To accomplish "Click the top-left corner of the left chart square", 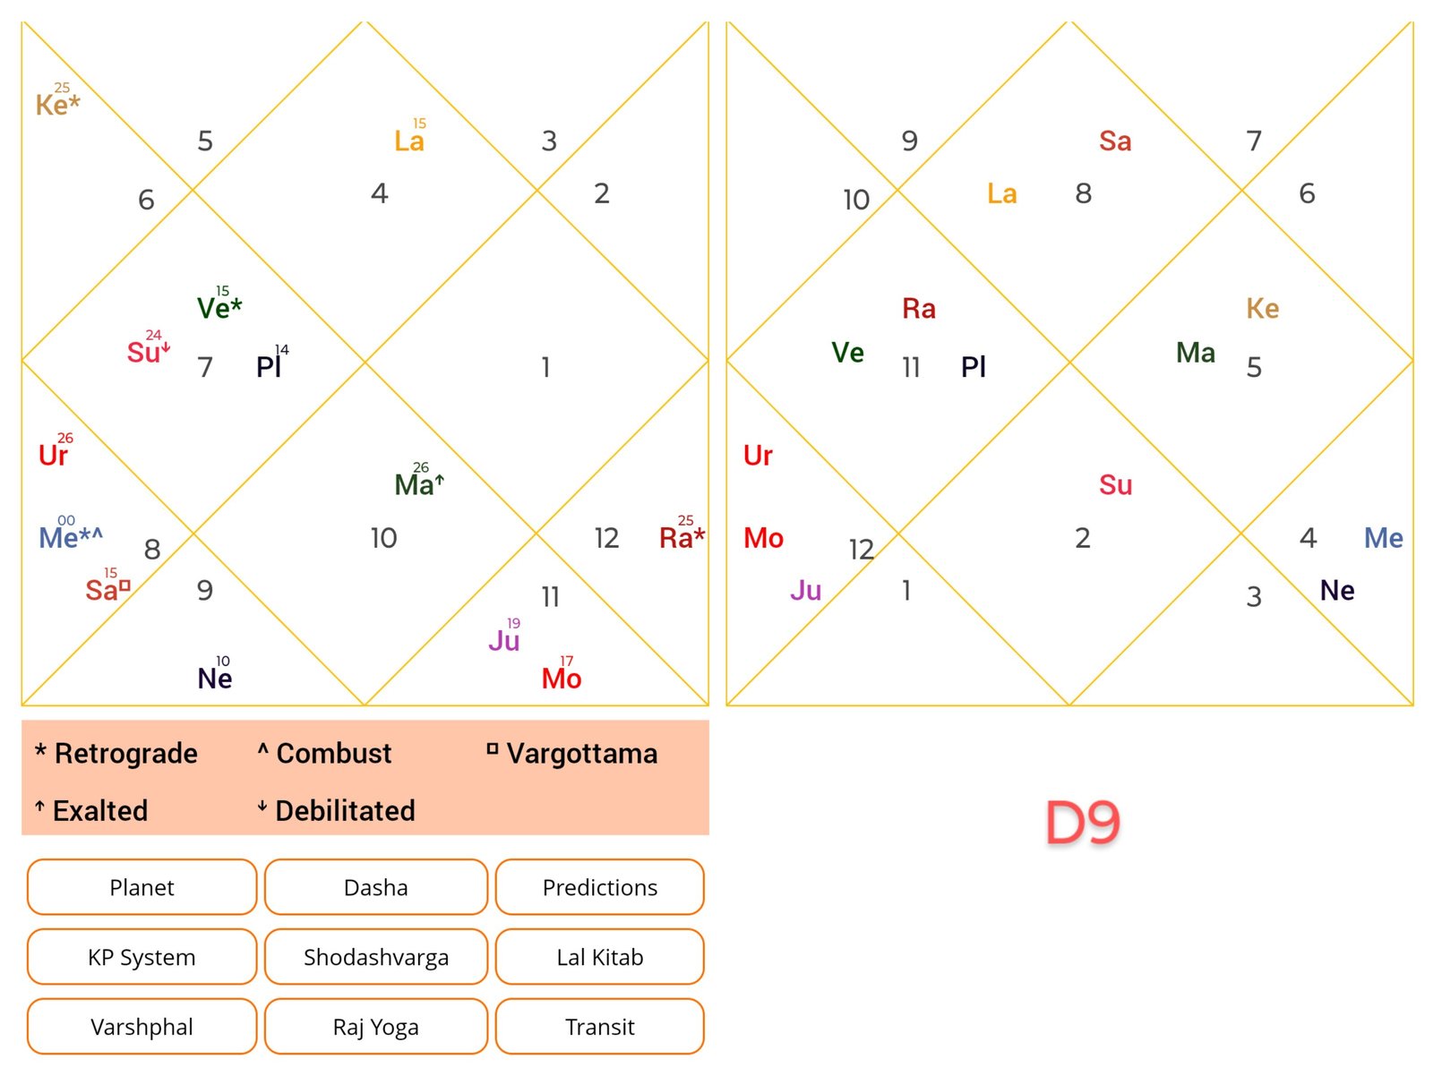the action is click(22, 22).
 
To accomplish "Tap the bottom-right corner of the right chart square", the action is click(1412, 705).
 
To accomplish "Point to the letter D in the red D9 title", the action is click(1064, 822).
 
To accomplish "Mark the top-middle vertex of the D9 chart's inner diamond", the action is click(1069, 22).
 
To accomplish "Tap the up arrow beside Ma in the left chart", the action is click(440, 480).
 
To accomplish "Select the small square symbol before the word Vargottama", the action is click(493, 748).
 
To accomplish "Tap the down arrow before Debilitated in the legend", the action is click(262, 806).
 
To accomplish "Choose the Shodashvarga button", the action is click(376, 956).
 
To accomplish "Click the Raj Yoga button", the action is click(376, 1026).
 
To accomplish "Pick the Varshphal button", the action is click(142, 1026).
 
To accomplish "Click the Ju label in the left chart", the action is click(503, 640).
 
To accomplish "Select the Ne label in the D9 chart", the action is click(1336, 590).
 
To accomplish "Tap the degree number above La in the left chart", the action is click(419, 123).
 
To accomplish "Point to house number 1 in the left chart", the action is click(545, 367).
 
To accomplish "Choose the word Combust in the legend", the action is click(333, 753).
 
